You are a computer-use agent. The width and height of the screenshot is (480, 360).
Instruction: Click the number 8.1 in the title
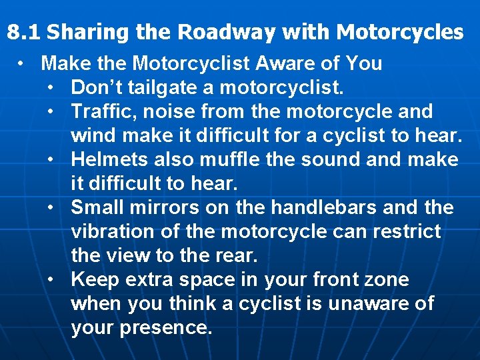(x=23, y=32)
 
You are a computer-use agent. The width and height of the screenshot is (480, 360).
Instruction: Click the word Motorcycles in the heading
(x=400, y=32)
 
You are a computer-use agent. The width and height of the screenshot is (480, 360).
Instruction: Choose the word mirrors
(x=167, y=207)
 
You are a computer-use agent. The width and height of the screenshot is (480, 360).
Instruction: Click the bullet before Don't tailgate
(x=52, y=87)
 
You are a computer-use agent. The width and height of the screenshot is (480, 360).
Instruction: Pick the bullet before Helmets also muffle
(x=52, y=159)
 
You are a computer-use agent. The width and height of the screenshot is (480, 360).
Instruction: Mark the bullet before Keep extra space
(x=52, y=279)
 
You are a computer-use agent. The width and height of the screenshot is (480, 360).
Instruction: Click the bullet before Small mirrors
(x=52, y=207)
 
